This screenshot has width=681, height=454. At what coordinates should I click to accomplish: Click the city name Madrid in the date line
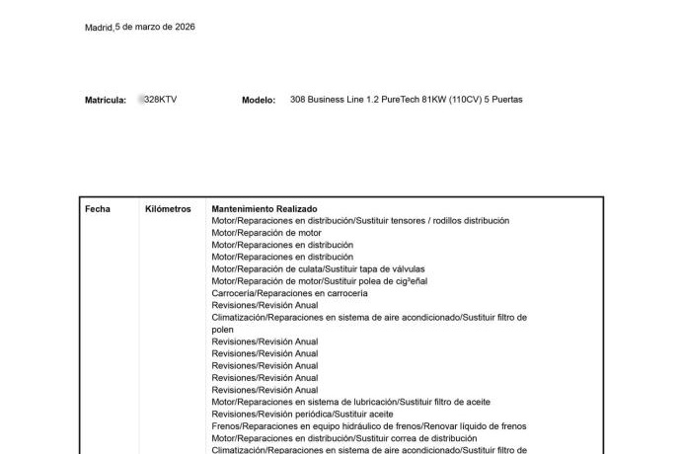click(x=99, y=28)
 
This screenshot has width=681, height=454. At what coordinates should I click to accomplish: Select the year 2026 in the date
click(x=185, y=28)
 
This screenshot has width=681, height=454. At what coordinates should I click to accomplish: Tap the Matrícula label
click(x=105, y=101)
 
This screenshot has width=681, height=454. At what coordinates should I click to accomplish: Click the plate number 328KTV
click(x=160, y=101)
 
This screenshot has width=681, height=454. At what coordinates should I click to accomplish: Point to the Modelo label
click(x=258, y=101)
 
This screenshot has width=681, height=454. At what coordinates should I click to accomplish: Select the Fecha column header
click(x=98, y=209)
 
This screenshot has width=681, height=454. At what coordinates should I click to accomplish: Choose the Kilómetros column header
click(x=168, y=209)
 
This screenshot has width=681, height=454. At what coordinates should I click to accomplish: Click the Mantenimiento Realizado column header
click(x=264, y=209)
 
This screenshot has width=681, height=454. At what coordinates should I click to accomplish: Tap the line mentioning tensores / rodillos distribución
click(x=360, y=221)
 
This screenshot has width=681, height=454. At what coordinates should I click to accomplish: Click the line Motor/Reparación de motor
click(x=266, y=233)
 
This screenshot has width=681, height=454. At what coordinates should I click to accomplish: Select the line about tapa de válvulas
click(x=312, y=269)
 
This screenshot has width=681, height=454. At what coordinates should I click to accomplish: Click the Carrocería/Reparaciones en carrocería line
click(x=289, y=293)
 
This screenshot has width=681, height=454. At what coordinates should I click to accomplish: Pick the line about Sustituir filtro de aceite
click(x=350, y=403)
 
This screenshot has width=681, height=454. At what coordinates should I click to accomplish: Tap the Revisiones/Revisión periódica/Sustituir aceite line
click(x=295, y=415)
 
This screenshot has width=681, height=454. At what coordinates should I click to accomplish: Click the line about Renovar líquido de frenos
click(x=368, y=426)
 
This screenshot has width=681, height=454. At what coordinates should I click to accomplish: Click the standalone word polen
click(x=223, y=330)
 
